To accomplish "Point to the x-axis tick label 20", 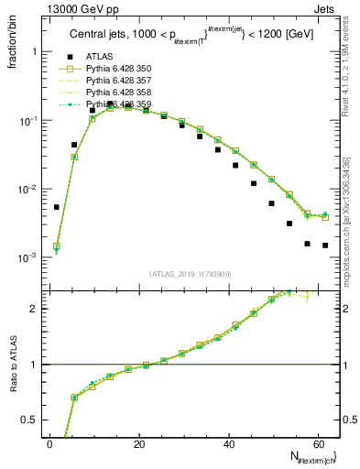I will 137,443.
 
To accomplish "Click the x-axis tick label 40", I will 227,443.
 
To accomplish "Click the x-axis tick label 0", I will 49,443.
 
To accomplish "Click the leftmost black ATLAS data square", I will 56,207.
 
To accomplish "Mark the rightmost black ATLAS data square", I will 325,245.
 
